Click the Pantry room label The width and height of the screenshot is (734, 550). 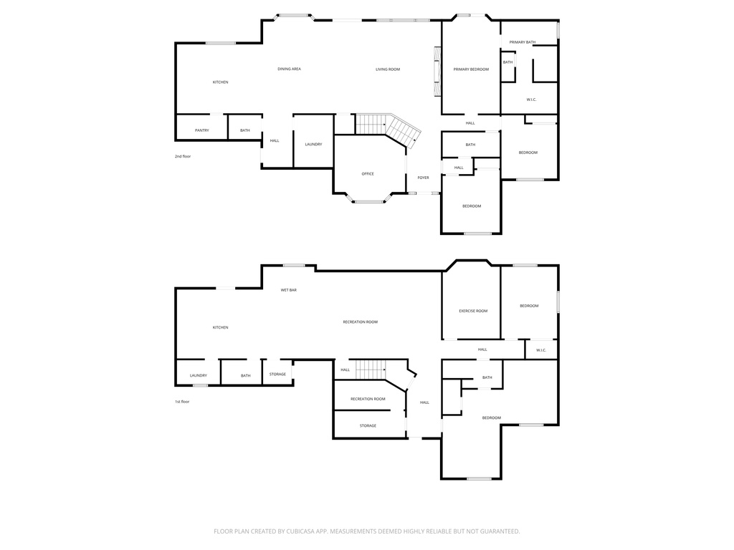click(202, 130)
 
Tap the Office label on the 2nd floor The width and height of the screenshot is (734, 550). click(368, 174)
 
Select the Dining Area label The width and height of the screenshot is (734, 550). click(289, 69)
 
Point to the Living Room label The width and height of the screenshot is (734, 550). click(388, 69)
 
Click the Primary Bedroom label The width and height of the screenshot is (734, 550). click(471, 69)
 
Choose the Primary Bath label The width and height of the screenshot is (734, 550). click(523, 42)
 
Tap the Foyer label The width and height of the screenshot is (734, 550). click(423, 178)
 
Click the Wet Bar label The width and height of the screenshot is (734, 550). click(289, 290)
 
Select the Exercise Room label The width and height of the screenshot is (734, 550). click(473, 311)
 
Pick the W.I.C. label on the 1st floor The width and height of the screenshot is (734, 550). click(541, 350)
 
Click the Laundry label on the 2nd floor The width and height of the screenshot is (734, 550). click(313, 145)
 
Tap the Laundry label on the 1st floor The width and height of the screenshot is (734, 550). click(199, 375)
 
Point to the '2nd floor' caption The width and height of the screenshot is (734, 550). click(183, 156)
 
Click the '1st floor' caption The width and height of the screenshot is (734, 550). click(182, 402)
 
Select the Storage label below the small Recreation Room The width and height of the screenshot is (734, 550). click(368, 426)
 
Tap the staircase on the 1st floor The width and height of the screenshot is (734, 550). click(371, 370)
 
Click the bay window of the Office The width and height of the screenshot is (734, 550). click(369, 201)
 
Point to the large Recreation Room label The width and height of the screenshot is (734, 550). click(360, 322)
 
